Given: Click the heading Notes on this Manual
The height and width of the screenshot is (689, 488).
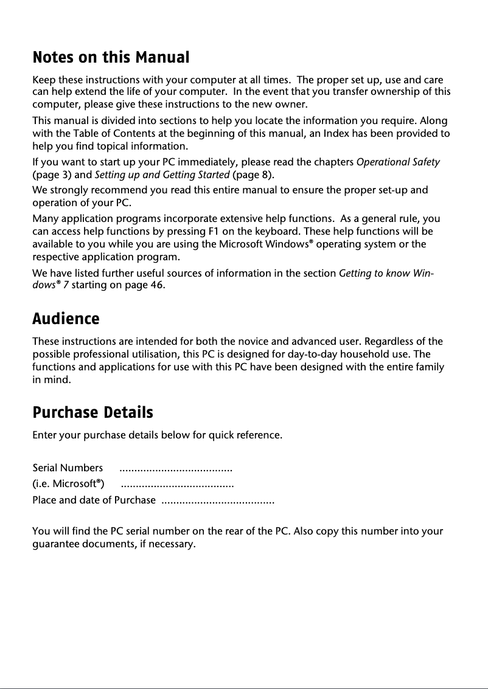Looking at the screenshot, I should pos(111,58).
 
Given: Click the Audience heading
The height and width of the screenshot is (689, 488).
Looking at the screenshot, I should pos(66,319).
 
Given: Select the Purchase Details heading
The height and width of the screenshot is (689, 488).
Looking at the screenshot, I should pos(92,413).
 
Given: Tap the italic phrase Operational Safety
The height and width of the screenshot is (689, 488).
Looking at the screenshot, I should pos(398,163).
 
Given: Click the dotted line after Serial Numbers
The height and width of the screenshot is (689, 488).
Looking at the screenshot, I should pos(176,469).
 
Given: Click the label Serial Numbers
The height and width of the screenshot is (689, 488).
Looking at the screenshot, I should pos(68,468).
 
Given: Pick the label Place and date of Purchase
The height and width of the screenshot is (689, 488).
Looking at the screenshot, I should pos(94,500).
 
